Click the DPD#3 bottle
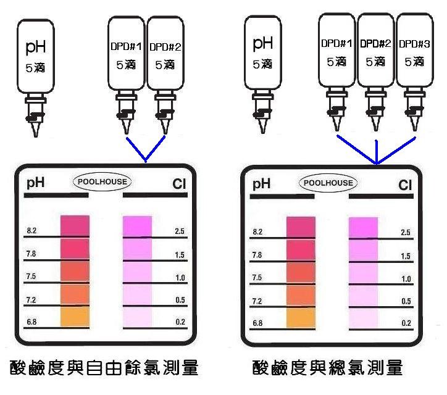[412, 52]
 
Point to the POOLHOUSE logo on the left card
[103, 183]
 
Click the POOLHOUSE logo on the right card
[328, 183]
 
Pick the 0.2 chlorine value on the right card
[406, 323]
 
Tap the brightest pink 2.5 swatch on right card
[362, 228]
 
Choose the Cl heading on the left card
[180, 184]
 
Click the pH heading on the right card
[262, 183]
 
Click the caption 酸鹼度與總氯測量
[328, 368]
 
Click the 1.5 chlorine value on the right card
[406, 256]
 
